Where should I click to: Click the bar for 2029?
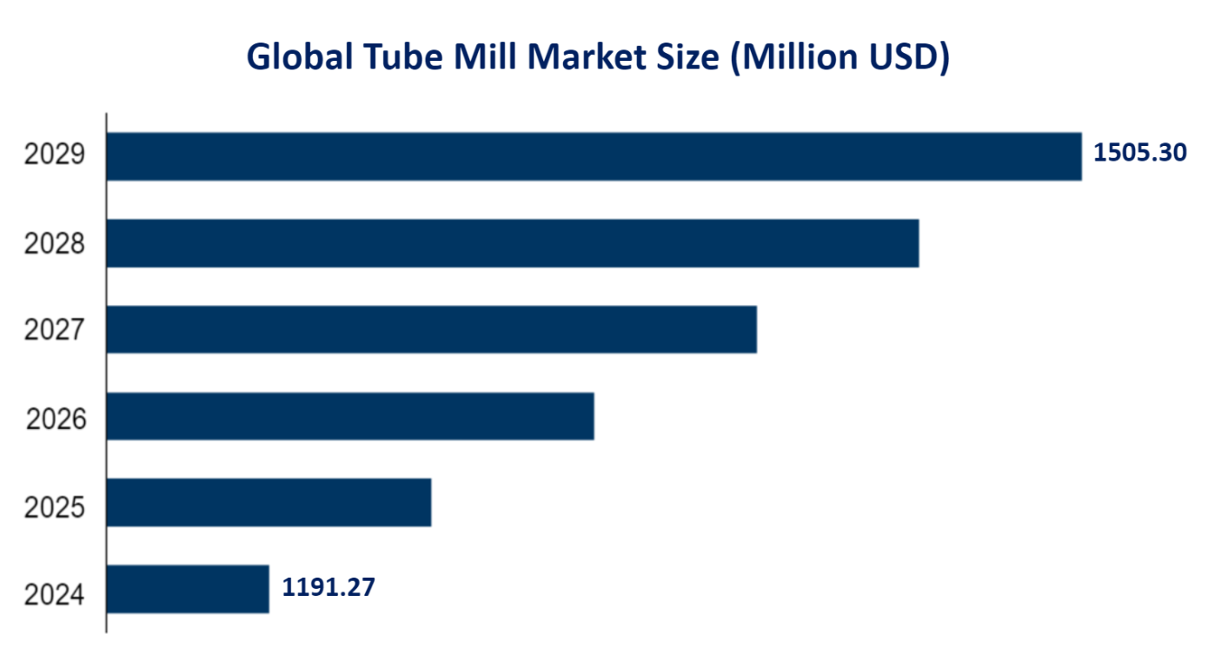point(594,156)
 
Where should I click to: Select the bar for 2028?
point(513,243)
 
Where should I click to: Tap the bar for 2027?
point(432,329)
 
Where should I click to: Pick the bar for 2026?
point(350,416)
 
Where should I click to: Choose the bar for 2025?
point(269,502)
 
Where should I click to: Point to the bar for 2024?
point(188,589)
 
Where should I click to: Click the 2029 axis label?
point(55,156)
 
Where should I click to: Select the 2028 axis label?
point(55,244)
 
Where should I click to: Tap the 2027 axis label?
point(55,331)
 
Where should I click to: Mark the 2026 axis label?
point(56,420)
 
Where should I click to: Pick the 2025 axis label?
point(55,506)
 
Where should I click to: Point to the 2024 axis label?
point(55,595)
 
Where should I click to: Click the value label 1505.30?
point(1139,153)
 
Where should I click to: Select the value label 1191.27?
point(329,588)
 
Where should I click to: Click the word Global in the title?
point(297,57)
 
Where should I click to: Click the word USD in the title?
point(910,57)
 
